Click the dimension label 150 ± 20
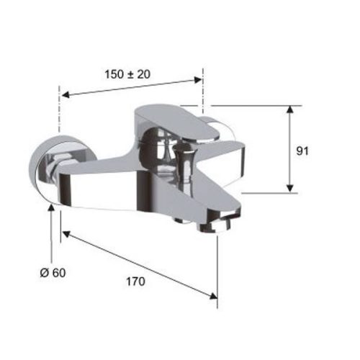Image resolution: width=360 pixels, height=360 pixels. [127, 74]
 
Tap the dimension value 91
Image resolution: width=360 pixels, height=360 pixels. [302, 151]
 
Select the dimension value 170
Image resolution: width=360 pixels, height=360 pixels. [135, 282]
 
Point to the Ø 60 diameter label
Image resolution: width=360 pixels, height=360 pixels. [53, 273]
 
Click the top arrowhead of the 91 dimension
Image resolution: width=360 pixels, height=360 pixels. [290, 109]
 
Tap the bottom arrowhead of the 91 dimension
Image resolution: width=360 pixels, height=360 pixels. [290, 189]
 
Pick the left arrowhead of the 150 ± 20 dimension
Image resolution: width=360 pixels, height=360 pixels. [66, 95]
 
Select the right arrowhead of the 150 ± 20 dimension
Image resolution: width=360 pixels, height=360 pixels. [197, 80]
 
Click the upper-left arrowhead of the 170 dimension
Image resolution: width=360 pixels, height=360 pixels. [66, 234]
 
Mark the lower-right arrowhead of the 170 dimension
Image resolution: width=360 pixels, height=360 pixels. [213, 296]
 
